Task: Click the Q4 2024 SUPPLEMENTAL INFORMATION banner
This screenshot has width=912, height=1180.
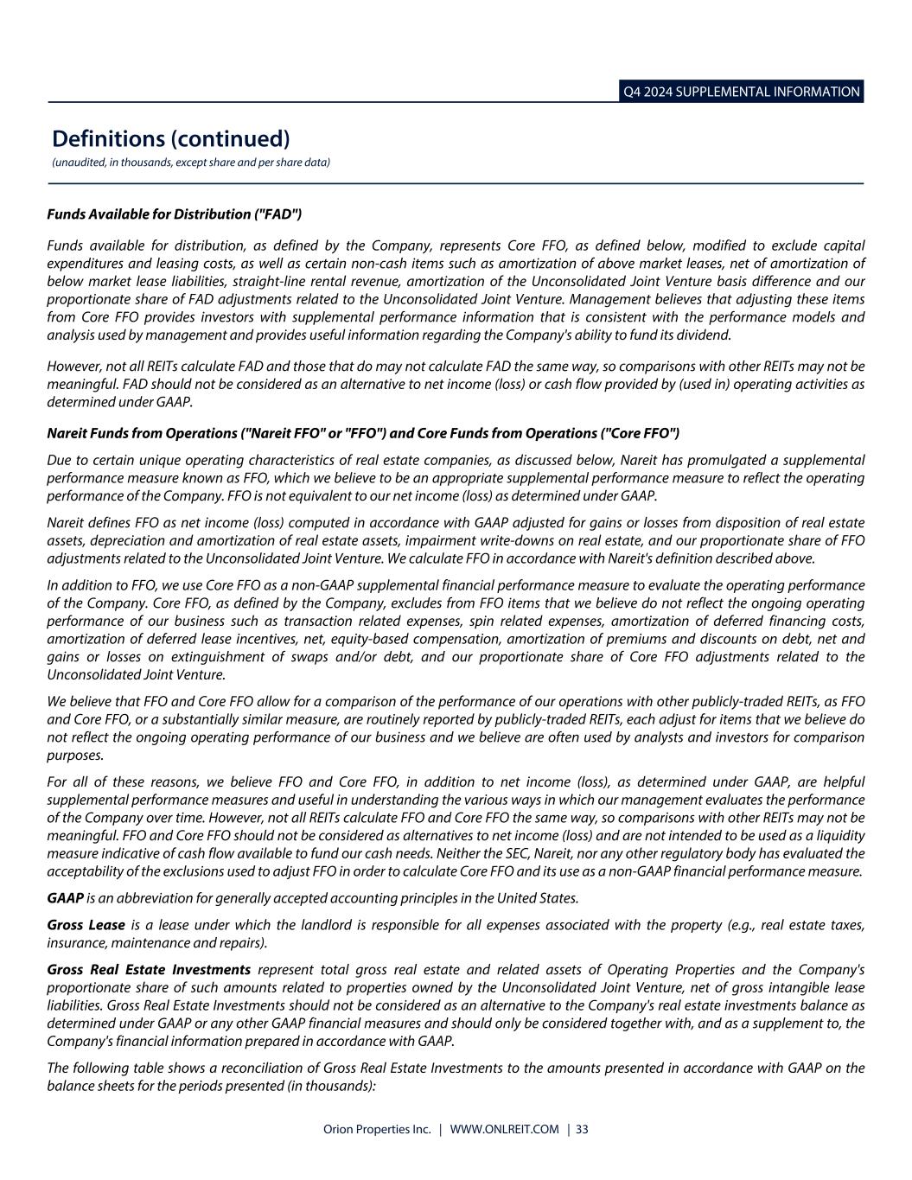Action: point(741,92)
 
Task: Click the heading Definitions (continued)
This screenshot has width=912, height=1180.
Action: point(170,138)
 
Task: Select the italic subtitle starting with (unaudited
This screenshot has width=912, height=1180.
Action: point(191,163)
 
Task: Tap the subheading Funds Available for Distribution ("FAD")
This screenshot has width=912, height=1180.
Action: point(174,214)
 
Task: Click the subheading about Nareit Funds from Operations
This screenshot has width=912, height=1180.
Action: point(363,432)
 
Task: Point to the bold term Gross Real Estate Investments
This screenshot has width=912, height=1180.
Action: point(149,970)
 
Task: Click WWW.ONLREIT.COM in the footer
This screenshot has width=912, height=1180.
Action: point(505,1129)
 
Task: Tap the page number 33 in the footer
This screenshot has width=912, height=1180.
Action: point(582,1129)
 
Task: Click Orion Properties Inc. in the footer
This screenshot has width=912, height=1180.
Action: point(377,1129)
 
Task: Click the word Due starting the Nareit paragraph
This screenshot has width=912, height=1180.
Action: point(58,460)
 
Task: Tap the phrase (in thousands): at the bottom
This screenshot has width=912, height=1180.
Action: point(333,1086)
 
